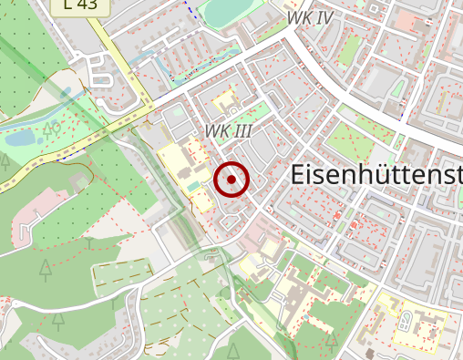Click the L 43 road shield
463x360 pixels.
click(x=80, y=5)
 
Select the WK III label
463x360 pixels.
click(x=228, y=131)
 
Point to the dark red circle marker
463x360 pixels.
click(x=231, y=180)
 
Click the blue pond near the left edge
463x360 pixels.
click(x=20, y=139)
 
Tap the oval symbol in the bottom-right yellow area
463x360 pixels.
click(x=403, y=320)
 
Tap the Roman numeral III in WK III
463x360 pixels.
click(x=242, y=131)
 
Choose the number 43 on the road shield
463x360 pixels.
click(x=88, y=5)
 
